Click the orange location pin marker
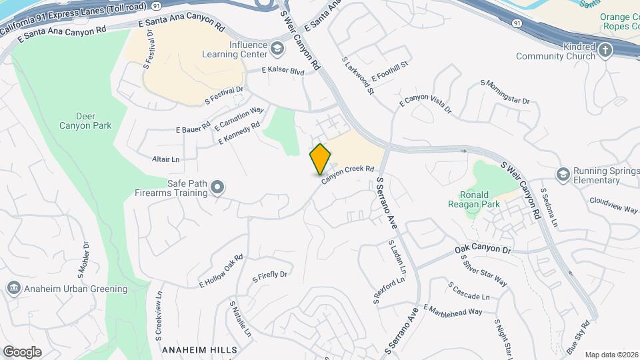[321, 159]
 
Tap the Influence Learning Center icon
[277, 48]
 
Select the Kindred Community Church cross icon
[605, 51]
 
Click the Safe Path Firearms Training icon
[217, 189]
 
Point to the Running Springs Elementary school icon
[563, 175]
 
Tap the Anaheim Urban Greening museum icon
[13, 289]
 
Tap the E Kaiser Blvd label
[283, 70]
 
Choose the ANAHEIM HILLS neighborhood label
[199, 350]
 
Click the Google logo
[22, 351]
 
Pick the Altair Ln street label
[166, 159]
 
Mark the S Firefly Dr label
[269, 275]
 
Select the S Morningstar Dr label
[505, 92]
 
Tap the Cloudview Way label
[614, 205]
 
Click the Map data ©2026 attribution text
[611, 355]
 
